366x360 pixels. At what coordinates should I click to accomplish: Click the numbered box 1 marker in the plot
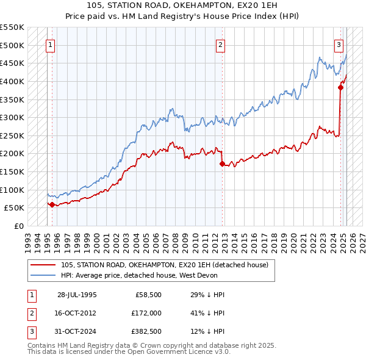coord(49,44)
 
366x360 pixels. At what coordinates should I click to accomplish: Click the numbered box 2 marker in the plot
coord(220,44)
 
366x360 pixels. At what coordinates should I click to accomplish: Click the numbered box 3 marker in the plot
coord(339,44)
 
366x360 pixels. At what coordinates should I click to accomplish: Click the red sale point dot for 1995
coord(52,204)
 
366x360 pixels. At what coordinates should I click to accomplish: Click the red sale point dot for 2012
coord(222,164)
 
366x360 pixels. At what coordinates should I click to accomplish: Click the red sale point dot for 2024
coord(341,87)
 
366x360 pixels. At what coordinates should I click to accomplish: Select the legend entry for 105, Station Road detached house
coord(168,265)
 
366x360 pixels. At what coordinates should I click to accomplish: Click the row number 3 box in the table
coord(30,332)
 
